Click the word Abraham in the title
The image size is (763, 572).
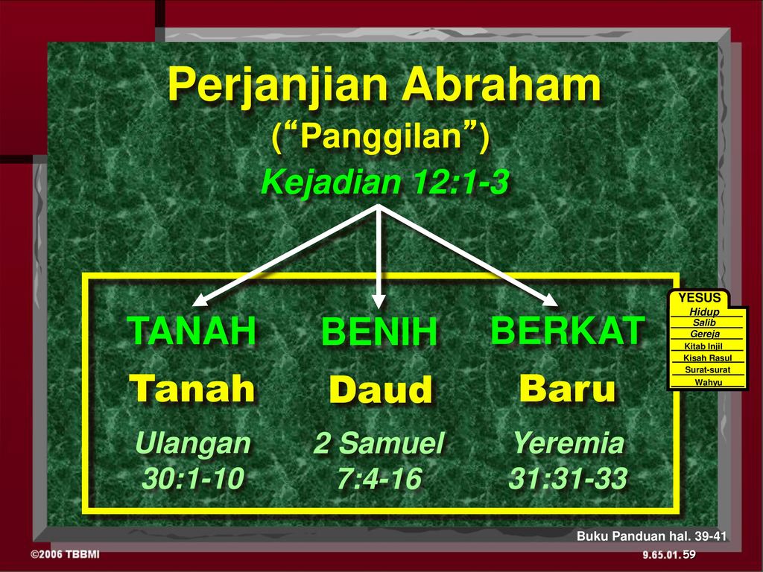click(501, 83)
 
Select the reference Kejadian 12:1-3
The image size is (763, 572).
click(385, 182)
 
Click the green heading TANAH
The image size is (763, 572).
click(192, 331)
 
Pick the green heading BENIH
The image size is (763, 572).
click(379, 331)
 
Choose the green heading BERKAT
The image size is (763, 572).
click(568, 330)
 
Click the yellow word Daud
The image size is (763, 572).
click(381, 389)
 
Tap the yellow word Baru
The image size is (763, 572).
click(567, 388)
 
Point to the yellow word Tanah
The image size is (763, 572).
click(192, 388)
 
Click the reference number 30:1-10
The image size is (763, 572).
click(193, 478)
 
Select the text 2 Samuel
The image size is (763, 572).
click(379, 443)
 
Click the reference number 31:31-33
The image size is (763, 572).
click(568, 478)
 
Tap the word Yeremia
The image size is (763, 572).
click(569, 443)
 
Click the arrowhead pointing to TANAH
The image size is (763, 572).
click(201, 299)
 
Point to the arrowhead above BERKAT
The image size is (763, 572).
click(550, 299)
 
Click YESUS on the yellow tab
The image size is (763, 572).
click(700, 298)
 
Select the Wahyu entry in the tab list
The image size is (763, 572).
click(708, 382)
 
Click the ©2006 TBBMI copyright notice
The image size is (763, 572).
click(65, 554)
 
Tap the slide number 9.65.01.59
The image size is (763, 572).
click(669, 554)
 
